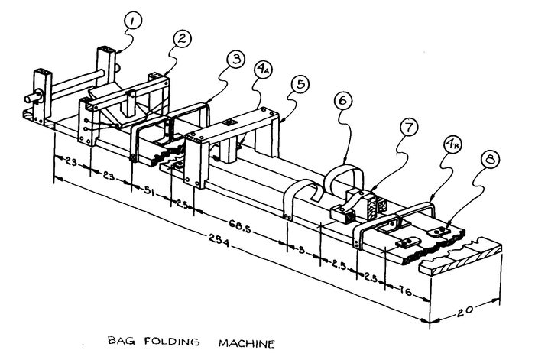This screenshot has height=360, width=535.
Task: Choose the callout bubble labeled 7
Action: tap(410, 128)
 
